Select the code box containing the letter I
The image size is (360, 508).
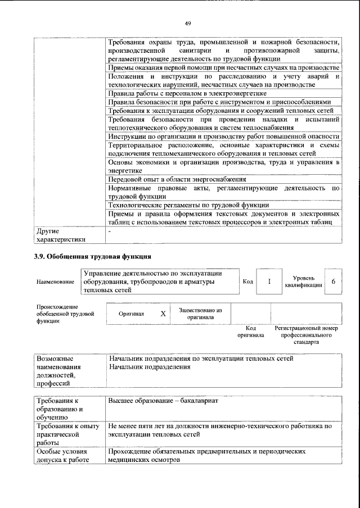(x=269, y=282)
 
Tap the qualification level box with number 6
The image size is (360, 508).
(x=334, y=282)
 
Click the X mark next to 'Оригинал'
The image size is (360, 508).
(x=163, y=314)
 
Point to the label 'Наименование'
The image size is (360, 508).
(x=55, y=282)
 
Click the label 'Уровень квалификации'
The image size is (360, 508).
(x=303, y=282)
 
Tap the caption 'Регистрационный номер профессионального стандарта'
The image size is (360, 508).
(x=306, y=334)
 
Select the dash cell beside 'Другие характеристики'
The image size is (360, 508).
(x=110, y=231)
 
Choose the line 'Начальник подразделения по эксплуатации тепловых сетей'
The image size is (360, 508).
(x=201, y=359)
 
